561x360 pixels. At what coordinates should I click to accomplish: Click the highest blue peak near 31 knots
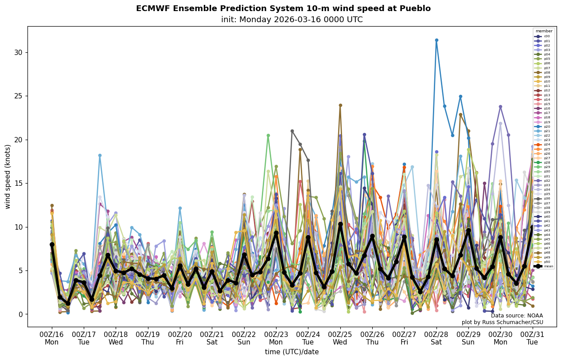pos(436,40)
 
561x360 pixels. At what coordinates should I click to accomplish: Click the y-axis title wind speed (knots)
pos(8,176)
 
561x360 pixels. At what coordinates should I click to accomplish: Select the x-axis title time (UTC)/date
pos(292,352)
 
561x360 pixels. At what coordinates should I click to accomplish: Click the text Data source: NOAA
pos(517,316)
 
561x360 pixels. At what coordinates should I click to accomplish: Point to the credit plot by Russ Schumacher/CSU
pos(502,322)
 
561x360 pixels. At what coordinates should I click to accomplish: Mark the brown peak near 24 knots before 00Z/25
pos(340,105)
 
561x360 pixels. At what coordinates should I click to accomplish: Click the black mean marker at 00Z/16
pos(52,244)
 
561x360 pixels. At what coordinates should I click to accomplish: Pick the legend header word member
pos(544,31)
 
